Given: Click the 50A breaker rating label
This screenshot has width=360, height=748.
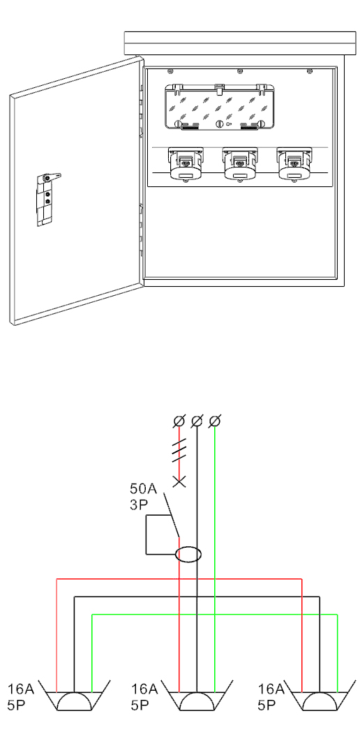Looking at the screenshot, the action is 144,489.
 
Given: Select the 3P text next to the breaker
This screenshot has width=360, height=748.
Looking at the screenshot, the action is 140,504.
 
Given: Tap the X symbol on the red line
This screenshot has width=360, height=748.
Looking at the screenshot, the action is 179,482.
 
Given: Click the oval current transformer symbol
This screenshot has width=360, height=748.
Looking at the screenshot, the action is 189,554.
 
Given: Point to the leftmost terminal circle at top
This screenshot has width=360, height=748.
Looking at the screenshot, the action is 179,421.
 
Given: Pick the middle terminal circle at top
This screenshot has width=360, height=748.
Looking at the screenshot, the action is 197,421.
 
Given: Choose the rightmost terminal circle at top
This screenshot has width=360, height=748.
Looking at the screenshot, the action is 215,421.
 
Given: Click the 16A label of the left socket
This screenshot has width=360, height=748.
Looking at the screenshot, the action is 21,689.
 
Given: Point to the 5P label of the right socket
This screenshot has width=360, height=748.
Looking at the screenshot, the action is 267,705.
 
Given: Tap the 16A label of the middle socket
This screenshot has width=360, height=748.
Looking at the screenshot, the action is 145,689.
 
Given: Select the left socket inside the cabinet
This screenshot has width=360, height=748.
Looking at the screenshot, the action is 185,164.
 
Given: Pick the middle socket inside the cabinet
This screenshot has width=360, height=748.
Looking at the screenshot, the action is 239,164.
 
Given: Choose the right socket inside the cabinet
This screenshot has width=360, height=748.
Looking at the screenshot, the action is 294,164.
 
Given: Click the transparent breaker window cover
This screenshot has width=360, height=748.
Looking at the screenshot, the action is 219,107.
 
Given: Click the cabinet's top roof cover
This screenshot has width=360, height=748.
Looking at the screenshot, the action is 240,43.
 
